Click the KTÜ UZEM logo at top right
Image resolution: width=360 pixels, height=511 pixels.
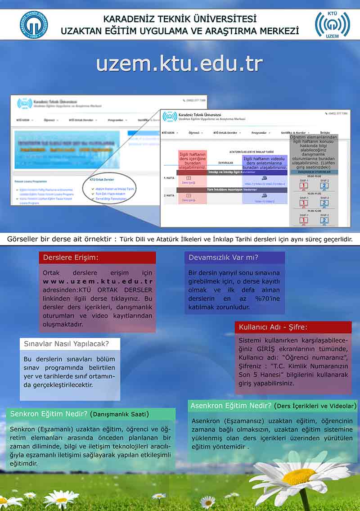332,23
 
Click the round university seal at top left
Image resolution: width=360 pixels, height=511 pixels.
34,24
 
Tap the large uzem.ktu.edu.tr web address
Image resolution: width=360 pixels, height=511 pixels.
179,63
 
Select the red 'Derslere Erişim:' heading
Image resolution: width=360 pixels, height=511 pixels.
71,258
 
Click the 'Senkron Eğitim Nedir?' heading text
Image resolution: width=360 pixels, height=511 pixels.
48,414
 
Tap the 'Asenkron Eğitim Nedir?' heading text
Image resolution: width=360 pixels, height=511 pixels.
231,406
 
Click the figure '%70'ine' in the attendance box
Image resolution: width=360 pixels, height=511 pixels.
267,298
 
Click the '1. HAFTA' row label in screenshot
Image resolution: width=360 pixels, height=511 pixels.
169,178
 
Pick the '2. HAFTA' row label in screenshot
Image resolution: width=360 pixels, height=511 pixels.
169,195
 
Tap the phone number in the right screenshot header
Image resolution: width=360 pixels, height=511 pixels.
337,113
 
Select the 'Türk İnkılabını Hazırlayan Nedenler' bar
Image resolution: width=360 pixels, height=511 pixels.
231,190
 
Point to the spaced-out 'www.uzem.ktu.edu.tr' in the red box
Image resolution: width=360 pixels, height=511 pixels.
98,281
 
